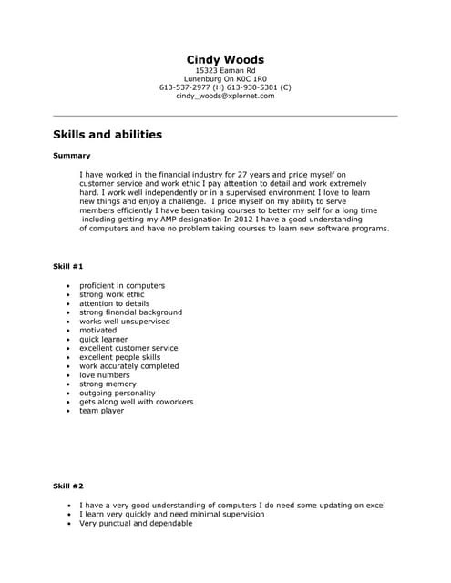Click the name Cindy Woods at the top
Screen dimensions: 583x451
click(x=225, y=60)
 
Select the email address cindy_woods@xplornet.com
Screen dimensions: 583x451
click(x=225, y=96)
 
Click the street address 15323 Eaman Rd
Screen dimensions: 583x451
click(x=225, y=70)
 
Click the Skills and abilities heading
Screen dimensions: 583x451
click(x=108, y=135)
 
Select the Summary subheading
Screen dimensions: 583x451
click(x=72, y=156)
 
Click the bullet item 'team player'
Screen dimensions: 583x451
click(x=101, y=411)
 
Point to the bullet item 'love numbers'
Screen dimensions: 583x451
click(x=105, y=375)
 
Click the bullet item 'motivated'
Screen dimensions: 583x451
click(x=98, y=330)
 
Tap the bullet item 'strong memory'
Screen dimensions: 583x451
click(x=108, y=384)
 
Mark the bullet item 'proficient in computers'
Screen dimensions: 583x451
click(x=121, y=285)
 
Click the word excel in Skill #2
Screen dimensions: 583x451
click(x=374, y=505)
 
